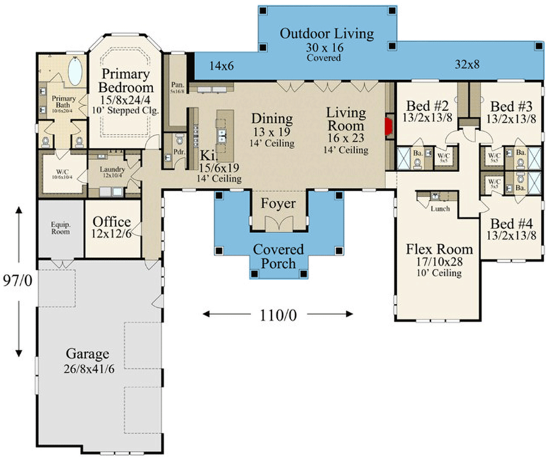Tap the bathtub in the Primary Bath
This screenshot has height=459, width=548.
click(76, 72)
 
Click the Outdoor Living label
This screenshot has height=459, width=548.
click(326, 34)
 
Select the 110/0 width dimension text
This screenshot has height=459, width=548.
click(277, 315)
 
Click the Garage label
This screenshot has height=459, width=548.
click(88, 354)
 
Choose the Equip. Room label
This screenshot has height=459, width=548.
click(60, 227)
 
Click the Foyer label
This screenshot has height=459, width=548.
click(278, 204)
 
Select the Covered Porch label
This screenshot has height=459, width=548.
click(278, 257)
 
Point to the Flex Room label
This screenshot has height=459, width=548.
click(439, 249)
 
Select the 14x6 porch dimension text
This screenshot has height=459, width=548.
click(222, 65)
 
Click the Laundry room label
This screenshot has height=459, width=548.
click(114, 169)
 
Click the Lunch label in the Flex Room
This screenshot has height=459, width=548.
click(440, 208)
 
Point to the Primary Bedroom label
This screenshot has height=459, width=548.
click(125, 80)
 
